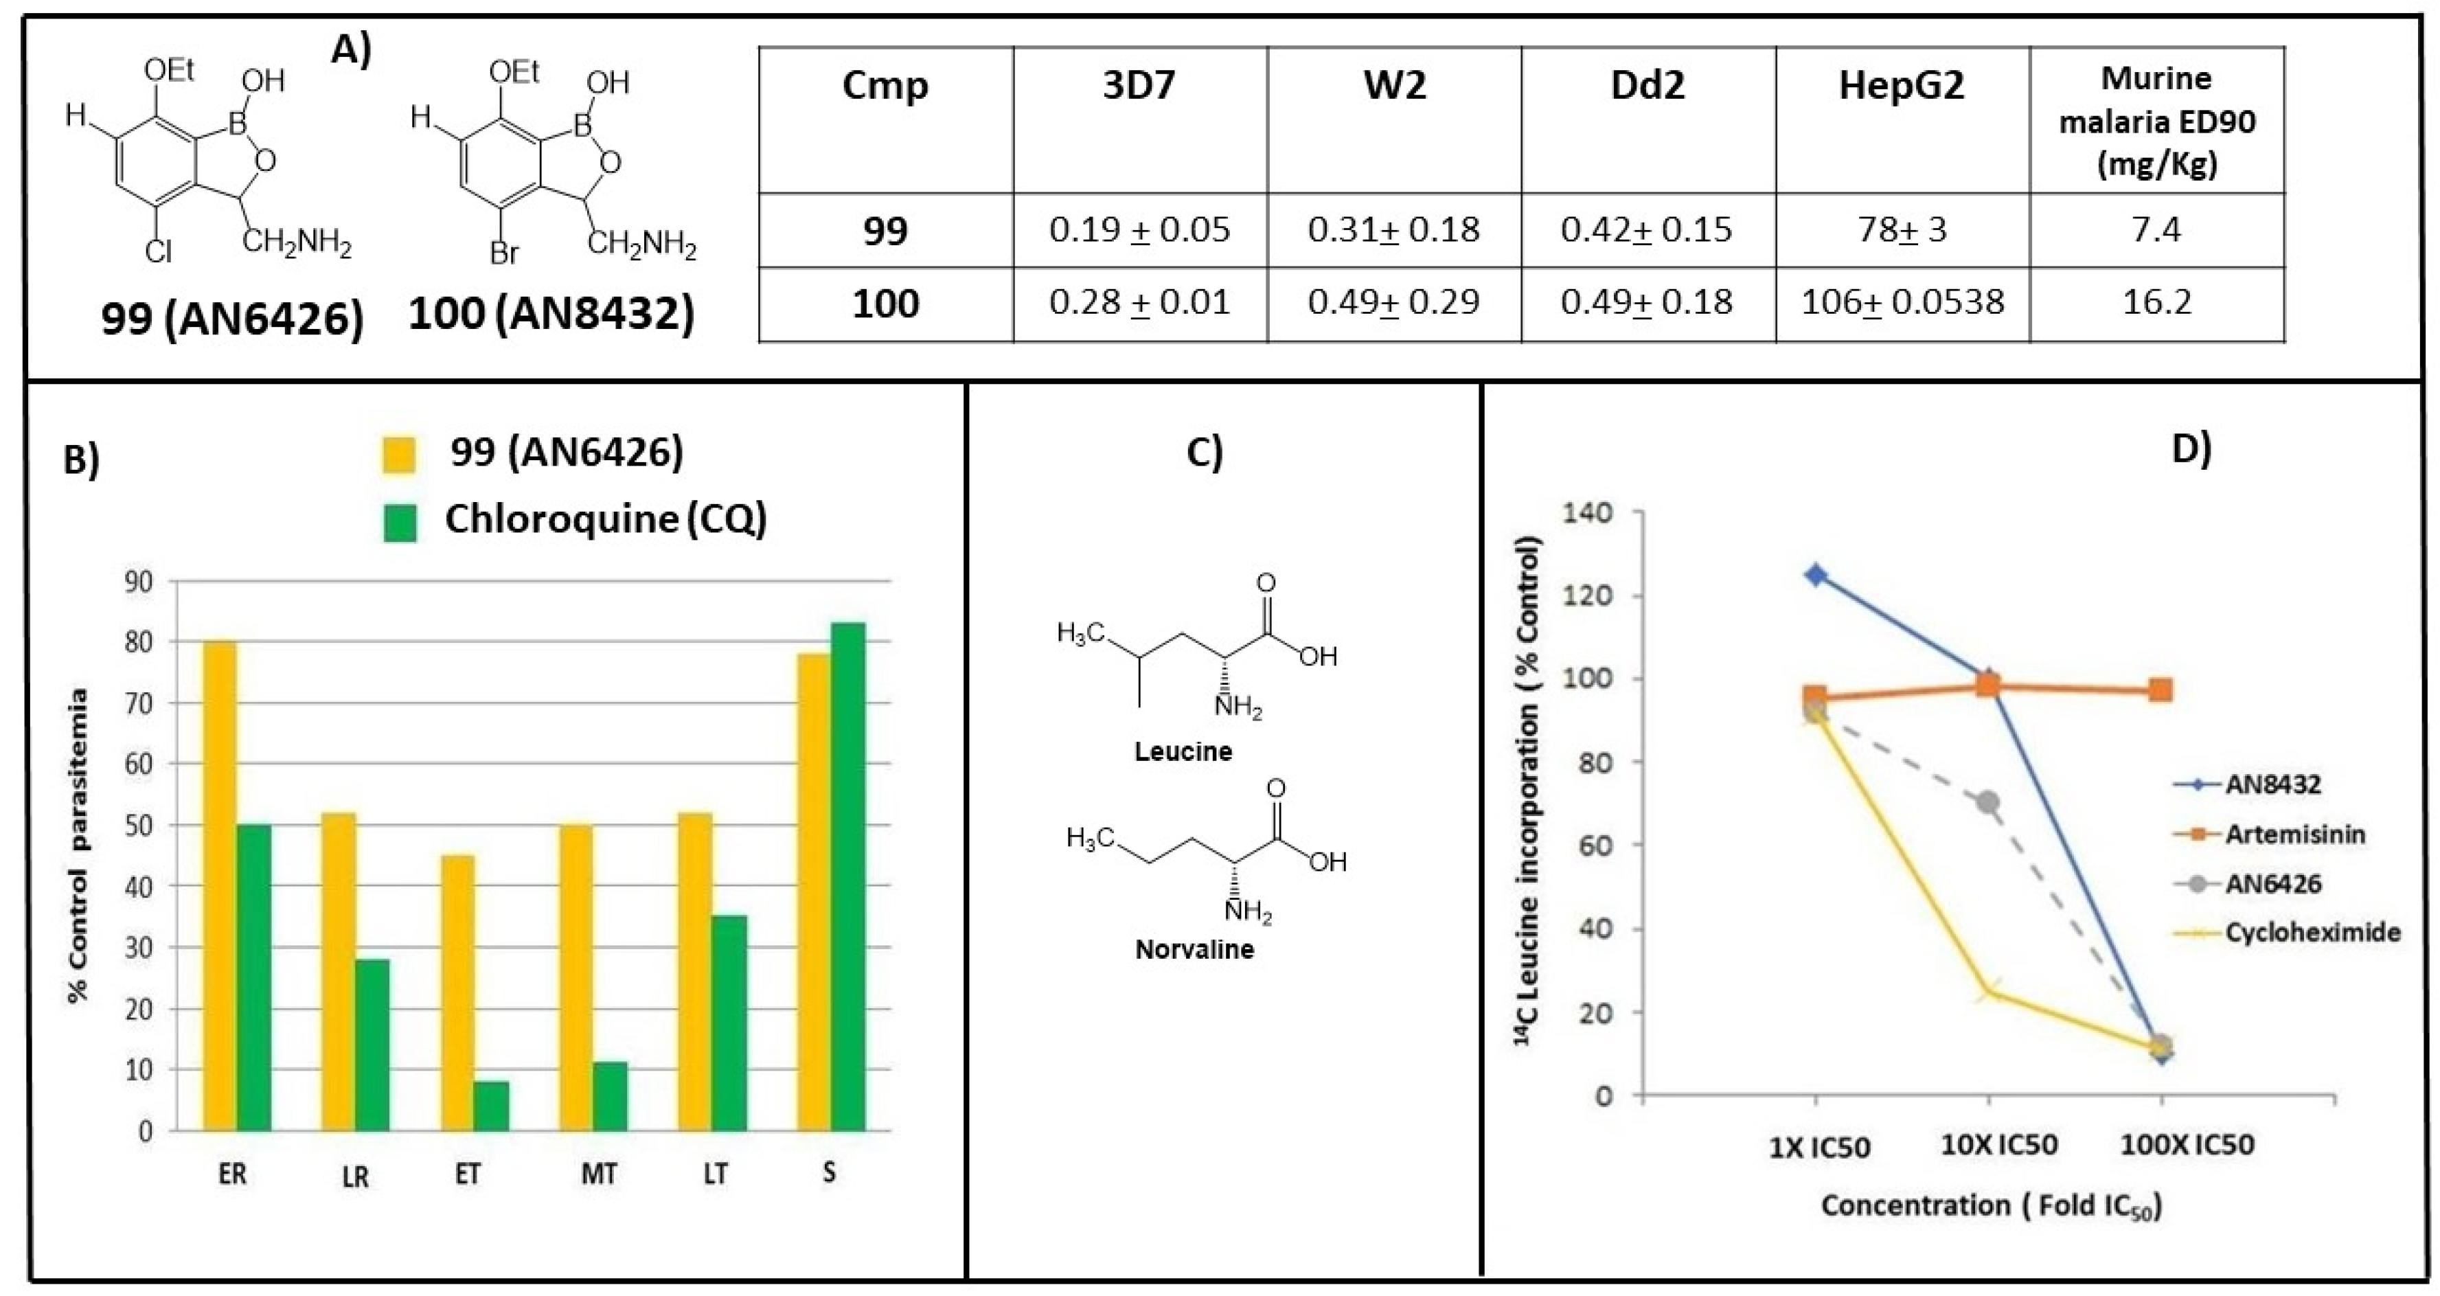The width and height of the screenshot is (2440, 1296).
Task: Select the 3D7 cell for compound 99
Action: (1139, 229)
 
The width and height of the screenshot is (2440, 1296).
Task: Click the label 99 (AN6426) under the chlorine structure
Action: (232, 319)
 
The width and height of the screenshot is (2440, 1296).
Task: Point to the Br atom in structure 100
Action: (504, 253)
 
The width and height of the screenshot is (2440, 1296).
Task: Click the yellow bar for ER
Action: (220, 886)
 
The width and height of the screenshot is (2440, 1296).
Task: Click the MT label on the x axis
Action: (599, 1174)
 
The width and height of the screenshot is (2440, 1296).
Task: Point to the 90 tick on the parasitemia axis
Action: (139, 582)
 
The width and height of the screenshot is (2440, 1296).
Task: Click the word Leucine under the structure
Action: (1183, 751)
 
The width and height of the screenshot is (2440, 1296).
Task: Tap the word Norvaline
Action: (1194, 949)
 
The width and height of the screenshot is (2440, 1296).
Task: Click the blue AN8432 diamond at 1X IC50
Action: (1816, 575)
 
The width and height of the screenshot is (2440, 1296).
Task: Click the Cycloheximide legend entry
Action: (2311, 932)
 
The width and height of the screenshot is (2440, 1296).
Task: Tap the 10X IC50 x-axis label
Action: (1998, 1144)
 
